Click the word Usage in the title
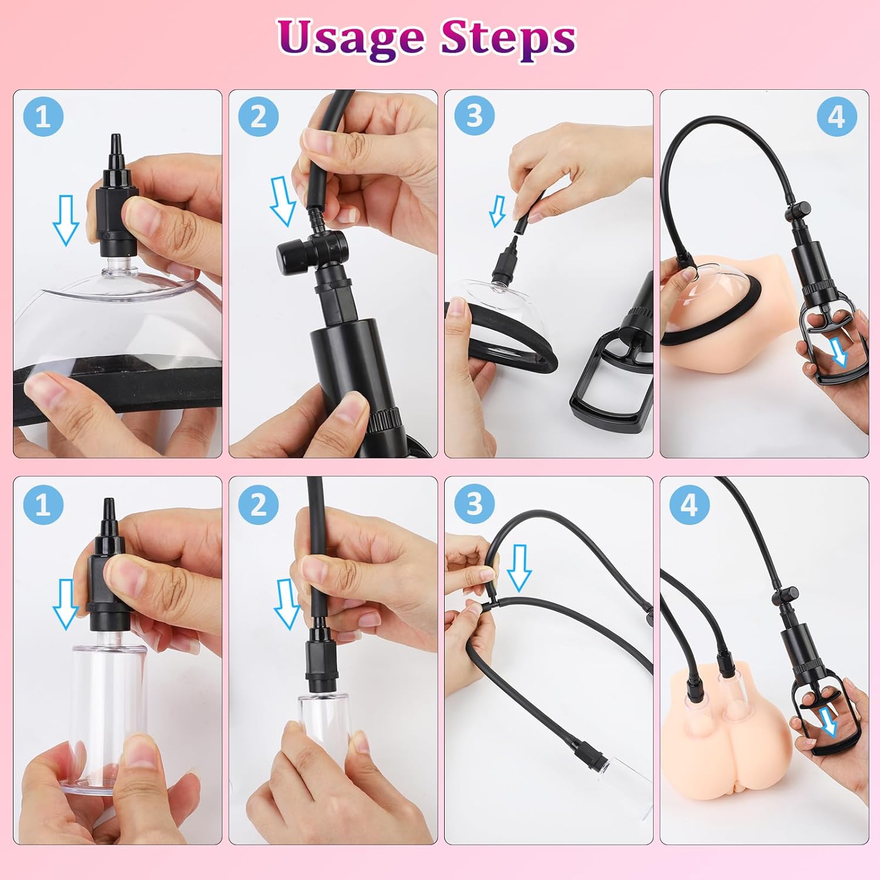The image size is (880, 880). (x=351, y=38)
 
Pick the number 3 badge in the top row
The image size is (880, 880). (x=474, y=116)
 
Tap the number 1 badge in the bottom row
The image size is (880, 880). (x=43, y=505)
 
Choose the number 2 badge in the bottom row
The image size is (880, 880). (x=258, y=505)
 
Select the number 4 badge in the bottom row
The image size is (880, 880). (x=690, y=505)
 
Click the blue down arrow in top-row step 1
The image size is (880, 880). (x=66, y=220)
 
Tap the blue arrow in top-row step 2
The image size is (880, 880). (x=283, y=201)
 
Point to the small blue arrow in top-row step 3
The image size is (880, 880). (x=497, y=211)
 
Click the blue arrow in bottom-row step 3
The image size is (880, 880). (x=519, y=568)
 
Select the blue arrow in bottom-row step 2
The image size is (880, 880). (x=287, y=604)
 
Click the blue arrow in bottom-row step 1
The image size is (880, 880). (x=66, y=604)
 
